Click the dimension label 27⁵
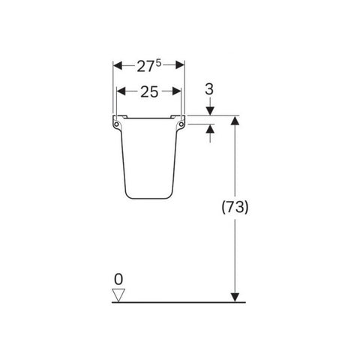(149, 66)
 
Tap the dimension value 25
(149, 91)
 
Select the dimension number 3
(209, 89)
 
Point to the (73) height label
(235, 207)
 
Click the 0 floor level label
(118, 280)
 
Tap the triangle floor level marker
(118, 295)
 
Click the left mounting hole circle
(116, 124)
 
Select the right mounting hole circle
(181, 124)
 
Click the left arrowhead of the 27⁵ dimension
(118, 65)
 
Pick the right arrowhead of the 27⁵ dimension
(180, 65)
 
